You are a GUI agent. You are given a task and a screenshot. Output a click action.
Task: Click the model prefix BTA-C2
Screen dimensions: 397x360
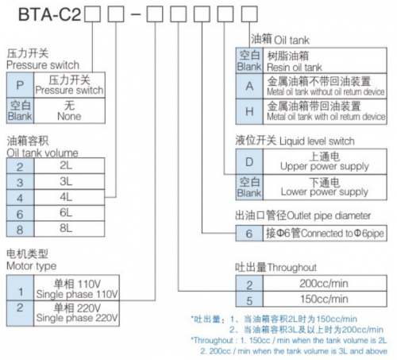coord(49,14)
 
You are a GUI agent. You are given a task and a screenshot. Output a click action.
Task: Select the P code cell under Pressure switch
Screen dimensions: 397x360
coord(20,85)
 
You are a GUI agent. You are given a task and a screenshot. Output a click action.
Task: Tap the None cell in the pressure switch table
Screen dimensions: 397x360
coord(69,110)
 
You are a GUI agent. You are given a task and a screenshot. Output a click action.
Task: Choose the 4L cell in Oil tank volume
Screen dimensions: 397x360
coord(69,197)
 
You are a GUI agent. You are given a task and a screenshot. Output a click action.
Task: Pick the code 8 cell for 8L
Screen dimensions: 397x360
coord(20,229)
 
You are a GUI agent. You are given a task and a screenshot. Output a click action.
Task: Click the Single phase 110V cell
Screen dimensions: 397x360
coord(77,288)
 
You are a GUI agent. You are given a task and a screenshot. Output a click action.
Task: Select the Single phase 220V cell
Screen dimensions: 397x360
coord(77,313)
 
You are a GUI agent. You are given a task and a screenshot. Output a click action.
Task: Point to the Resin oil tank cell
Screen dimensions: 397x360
coord(325,60)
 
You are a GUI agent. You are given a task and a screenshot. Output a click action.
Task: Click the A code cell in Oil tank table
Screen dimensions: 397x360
coord(249,86)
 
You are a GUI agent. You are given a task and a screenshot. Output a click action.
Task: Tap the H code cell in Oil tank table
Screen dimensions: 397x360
coord(249,111)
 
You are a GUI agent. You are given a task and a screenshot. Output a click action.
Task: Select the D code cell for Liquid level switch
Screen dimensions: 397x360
coord(249,161)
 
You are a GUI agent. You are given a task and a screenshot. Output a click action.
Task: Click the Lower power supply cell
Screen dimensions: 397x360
coord(325,188)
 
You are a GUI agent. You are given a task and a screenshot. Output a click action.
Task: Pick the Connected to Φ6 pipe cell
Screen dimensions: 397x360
coord(325,233)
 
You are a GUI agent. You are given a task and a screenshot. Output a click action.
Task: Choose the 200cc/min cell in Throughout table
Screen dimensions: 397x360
coord(325,283)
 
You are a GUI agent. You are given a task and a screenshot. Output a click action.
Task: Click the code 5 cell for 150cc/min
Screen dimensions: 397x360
coord(249,299)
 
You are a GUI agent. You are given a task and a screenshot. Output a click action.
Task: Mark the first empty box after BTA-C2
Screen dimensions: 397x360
coord(92,14)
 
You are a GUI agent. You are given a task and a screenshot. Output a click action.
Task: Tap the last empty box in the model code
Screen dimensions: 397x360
coord(249,14)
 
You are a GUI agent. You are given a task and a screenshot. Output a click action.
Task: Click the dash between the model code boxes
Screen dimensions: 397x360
coord(136,14)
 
